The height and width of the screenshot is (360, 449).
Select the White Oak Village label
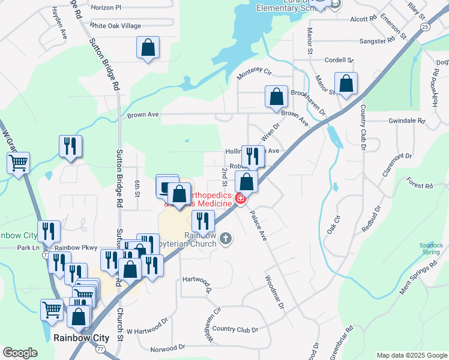(x=115, y=26)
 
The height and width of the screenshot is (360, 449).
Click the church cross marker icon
(x=226, y=239)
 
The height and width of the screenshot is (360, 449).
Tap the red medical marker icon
(x=240, y=199)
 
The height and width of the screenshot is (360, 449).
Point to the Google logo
(x=20, y=353)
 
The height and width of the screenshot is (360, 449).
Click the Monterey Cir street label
(x=255, y=73)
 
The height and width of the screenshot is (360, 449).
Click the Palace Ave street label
(x=258, y=225)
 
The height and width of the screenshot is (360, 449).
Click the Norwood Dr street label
(x=164, y=349)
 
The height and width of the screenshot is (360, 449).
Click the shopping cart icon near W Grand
(x=19, y=161)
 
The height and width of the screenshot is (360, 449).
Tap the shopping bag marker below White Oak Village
(x=148, y=47)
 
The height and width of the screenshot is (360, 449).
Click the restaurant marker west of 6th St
(x=70, y=146)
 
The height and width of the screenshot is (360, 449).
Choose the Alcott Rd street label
(x=363, y=19)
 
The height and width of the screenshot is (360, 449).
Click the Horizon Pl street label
(x=106, y=8)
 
